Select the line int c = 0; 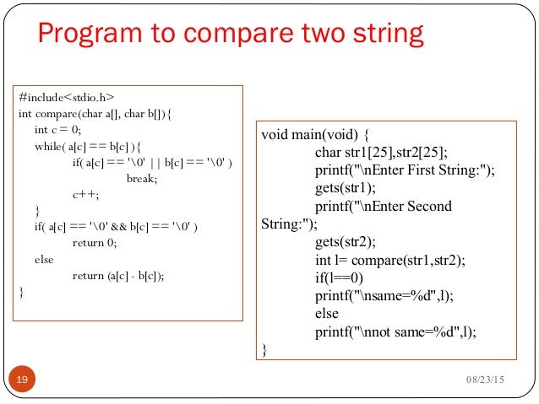pyautogui.click(x=58, y=129)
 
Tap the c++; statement pyautogui.click(x=85, y=194)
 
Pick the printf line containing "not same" pyautogui.click(x=395, y=331)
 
